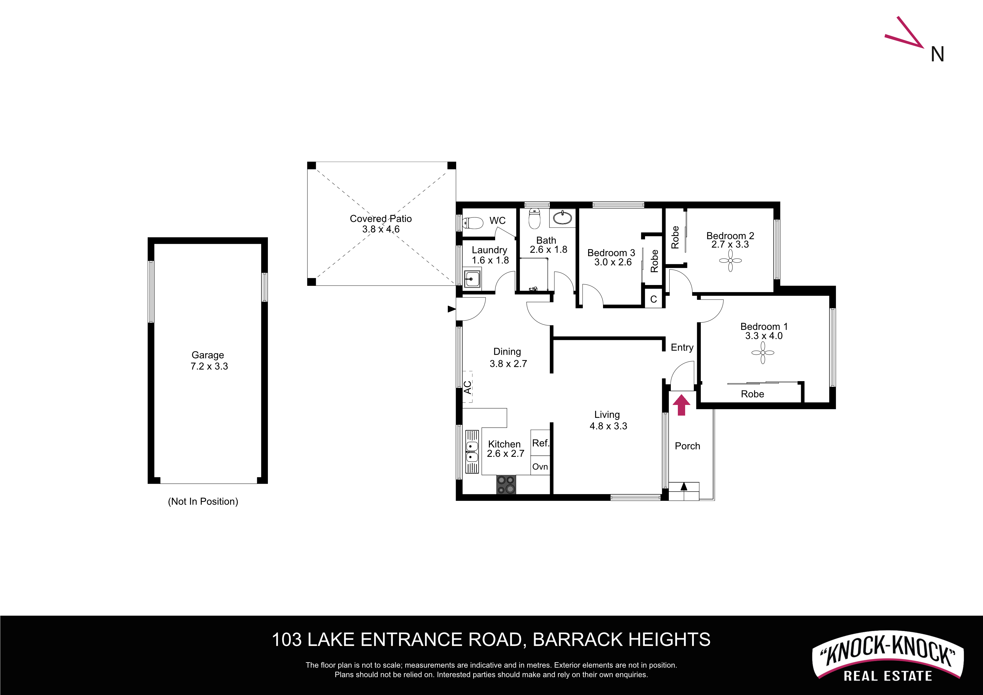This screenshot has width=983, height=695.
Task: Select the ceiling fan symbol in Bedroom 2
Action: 731,260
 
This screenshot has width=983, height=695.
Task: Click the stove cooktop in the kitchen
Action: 506,484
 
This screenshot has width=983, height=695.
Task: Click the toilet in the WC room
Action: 473,223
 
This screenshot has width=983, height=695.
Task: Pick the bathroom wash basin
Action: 562,218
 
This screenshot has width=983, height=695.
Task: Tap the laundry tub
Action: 472,279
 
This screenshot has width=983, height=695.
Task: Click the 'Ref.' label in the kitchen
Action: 540,443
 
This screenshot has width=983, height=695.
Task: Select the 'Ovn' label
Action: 540,467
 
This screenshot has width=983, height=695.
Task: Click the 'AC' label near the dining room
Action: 468,387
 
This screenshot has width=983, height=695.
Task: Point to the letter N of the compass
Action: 938,54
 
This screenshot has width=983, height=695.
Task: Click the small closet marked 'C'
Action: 654,299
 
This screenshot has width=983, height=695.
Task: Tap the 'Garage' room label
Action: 208,355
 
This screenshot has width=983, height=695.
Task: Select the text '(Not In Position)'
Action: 203,501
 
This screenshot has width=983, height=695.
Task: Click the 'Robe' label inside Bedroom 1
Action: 752,394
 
